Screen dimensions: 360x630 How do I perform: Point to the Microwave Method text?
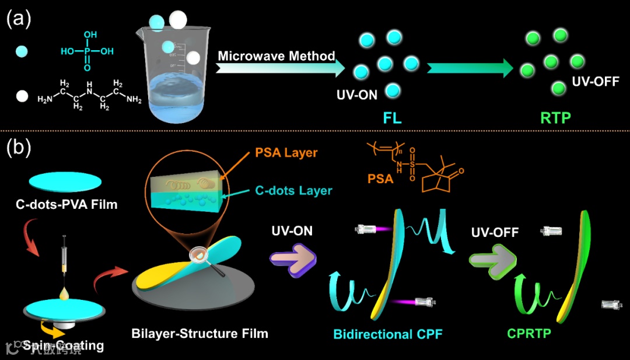(276, 56)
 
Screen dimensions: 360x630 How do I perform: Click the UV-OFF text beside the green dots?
(596, 81)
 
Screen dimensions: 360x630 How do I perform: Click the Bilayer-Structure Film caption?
(199, 334)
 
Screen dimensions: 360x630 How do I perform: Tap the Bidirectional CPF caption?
(388, 334)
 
